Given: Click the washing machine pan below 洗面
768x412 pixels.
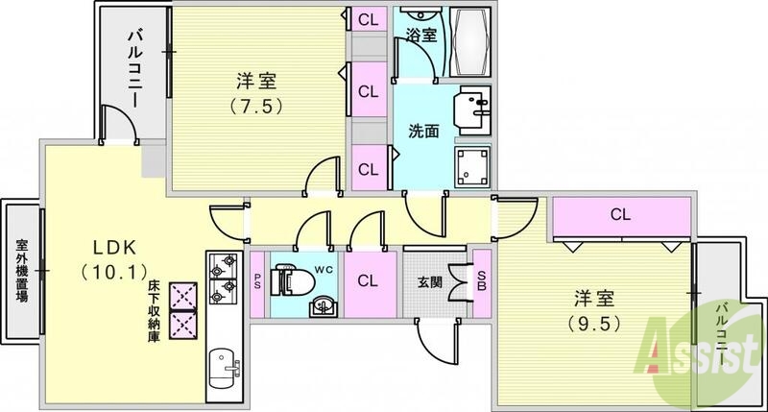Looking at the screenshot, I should point(472,168).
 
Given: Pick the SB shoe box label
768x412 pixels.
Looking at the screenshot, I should point(483,279).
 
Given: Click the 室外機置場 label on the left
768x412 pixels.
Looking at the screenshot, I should point(20,271).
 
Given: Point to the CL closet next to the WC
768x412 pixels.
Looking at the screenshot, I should point(368,281).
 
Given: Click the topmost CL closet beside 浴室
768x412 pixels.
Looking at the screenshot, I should point(367,19).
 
